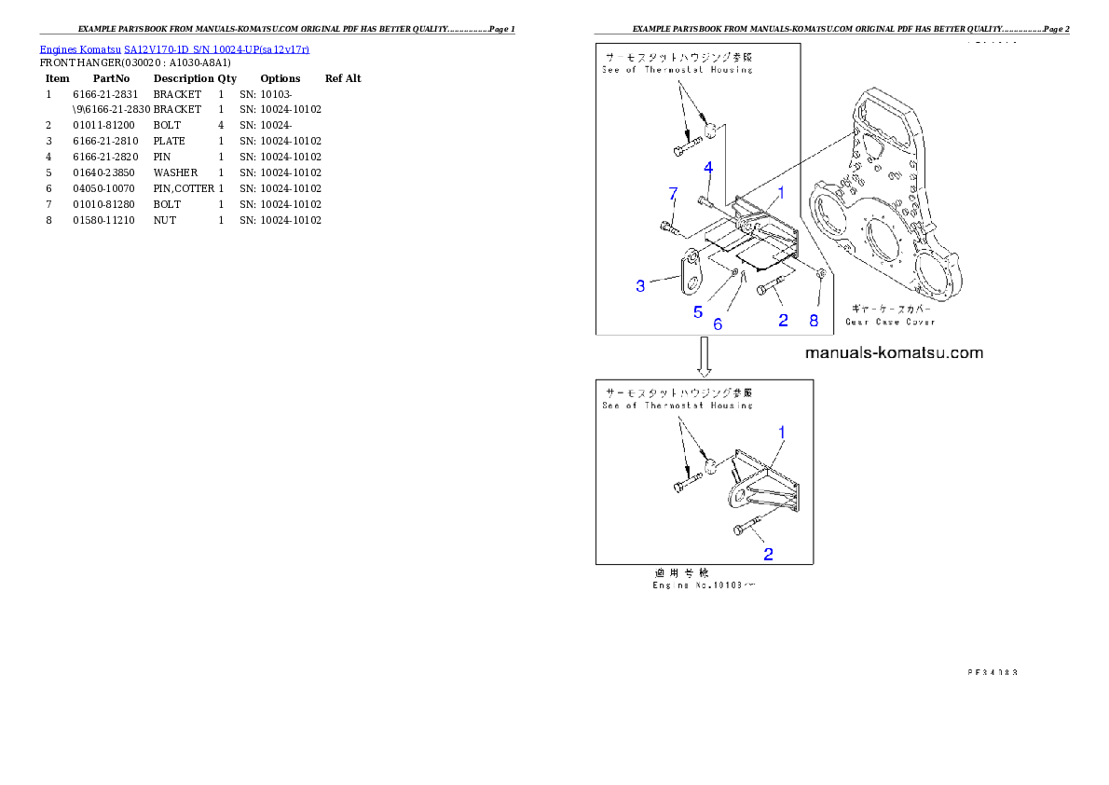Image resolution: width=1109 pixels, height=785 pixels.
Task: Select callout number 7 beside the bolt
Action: point(672,193)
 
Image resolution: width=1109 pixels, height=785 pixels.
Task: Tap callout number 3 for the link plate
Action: point(640,285)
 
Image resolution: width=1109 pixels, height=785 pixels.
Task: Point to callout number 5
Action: point(698,311)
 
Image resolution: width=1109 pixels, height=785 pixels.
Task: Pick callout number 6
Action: point(718,324)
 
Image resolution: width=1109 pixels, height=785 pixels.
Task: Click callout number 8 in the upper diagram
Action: point(814,320)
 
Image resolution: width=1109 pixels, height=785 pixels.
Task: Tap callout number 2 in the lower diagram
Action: point(769,554)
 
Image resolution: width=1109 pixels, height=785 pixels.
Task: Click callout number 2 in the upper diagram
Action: point(783,320)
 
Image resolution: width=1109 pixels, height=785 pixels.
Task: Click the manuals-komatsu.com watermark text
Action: point(893,352)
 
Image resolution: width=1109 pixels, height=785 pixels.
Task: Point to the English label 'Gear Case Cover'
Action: point(890,322)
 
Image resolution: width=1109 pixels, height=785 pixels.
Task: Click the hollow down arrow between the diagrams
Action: point(705,357)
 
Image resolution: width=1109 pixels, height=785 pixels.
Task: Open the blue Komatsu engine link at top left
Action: point(174,48)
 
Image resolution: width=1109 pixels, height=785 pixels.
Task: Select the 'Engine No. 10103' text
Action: point(704,585)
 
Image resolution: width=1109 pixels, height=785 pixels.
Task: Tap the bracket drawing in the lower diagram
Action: point(764,485)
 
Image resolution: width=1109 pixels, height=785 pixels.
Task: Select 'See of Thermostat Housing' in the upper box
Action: point(677,70)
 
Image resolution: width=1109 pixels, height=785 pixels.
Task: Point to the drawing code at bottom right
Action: point(991,670)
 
